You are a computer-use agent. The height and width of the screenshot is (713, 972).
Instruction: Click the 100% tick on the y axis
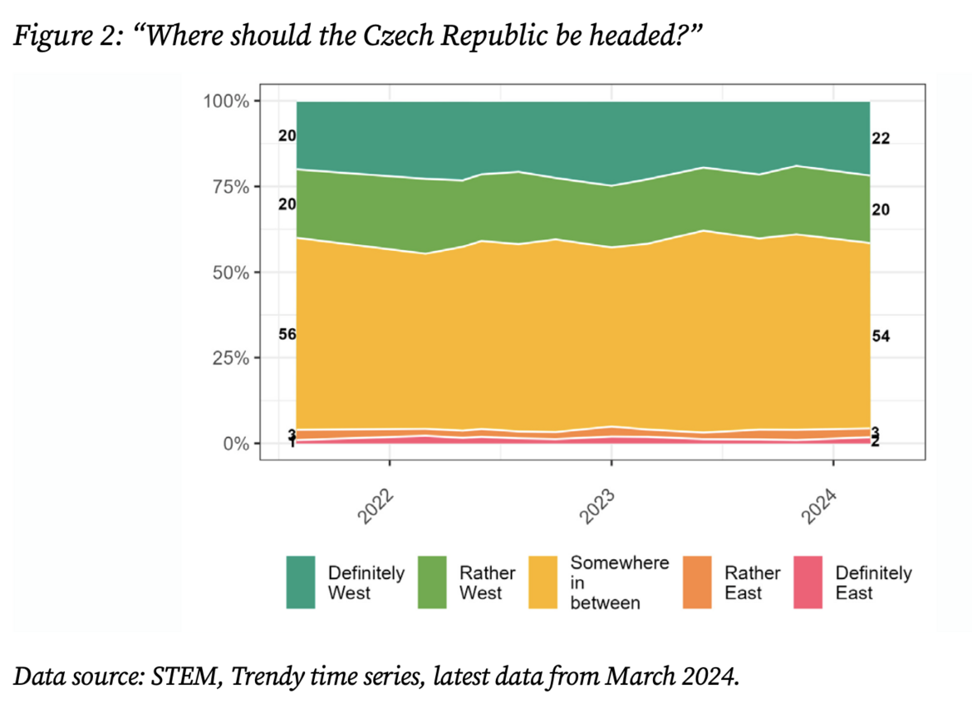[x=226, y=101]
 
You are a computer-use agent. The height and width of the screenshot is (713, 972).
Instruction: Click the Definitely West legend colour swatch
[x=301, y=583]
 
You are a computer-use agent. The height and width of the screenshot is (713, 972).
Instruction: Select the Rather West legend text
[x=487, y=583]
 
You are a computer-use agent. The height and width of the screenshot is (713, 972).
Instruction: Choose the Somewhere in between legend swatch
[x=542, y=583]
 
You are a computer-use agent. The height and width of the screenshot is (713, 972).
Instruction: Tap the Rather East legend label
[x=752, y=583]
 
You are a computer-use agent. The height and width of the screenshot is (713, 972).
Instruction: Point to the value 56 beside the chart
[x=287, y=335]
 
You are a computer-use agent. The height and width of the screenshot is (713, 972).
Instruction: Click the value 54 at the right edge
[x=881, y=337]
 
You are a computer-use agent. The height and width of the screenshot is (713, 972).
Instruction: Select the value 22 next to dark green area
[x=881, y=139]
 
